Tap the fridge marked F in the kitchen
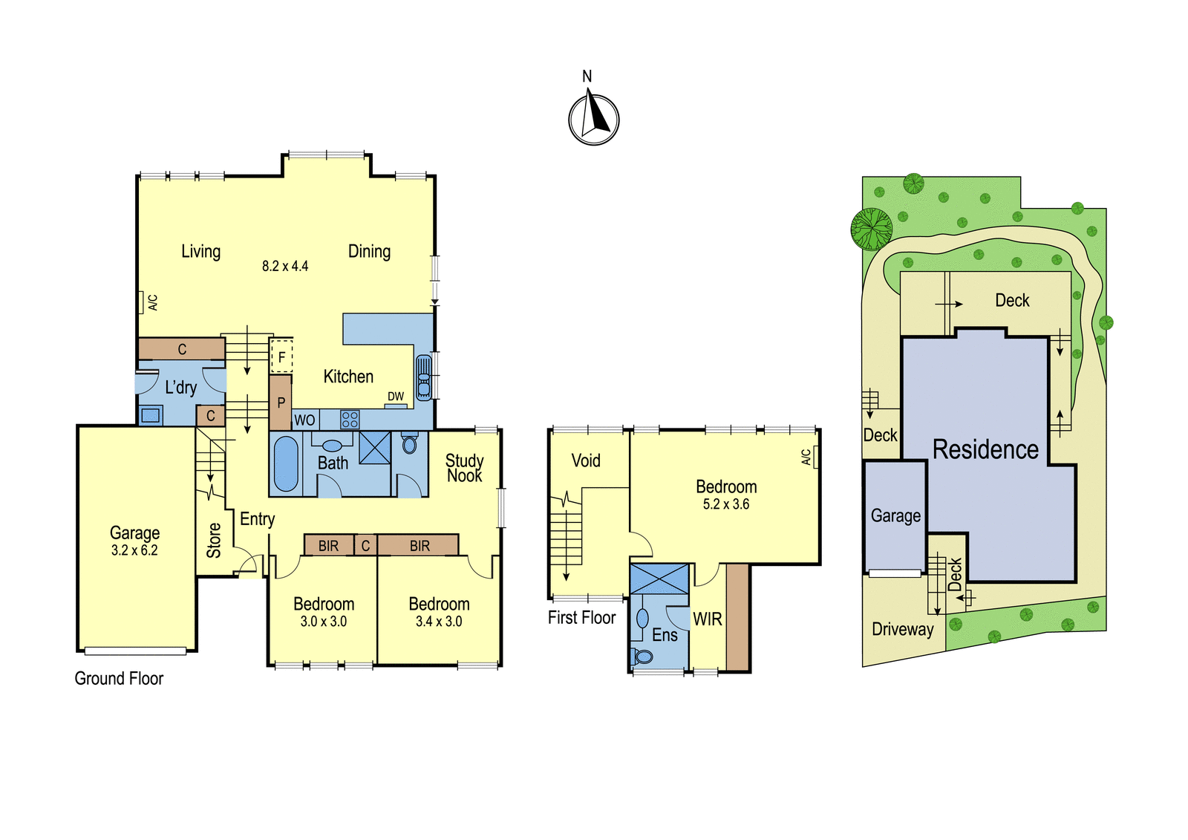pyautogui.click(x=281, y=356)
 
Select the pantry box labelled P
pyautogui.click(x=281, y=403)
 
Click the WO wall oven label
pyautogui.click(x=304, y=420)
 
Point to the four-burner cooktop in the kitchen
pyautogui.click(x=350, y=419)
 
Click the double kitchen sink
pyautogui.click(x=424, y=377)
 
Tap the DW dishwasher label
pyautogui.click(x=396, y=397)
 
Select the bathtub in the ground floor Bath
pyautogui.click(x=286, y=463)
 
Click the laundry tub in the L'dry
pyautogui.click(x=151, y=415)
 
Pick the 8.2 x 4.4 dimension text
pyautogui.click(x=285, y=266)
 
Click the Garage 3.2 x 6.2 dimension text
pyautogui.click(x=134, y=550)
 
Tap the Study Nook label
pyautogui.click(x=465, y=468)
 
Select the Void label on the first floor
pyautogui.click(x=586, y=460)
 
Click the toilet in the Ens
pyautogui.click(x=642, y=657)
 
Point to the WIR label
pyautogui.click(x=708, y=619)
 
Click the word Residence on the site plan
pyautogui.click(x=985, y=449)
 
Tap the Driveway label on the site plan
pyautogui.click(x=903, y=629)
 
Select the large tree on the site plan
pyautogui.click(x=872, y=229)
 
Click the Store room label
pyautogui.click(x=214, y=540)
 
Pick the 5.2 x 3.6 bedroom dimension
pyautogui.click(x=726, y=504)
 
